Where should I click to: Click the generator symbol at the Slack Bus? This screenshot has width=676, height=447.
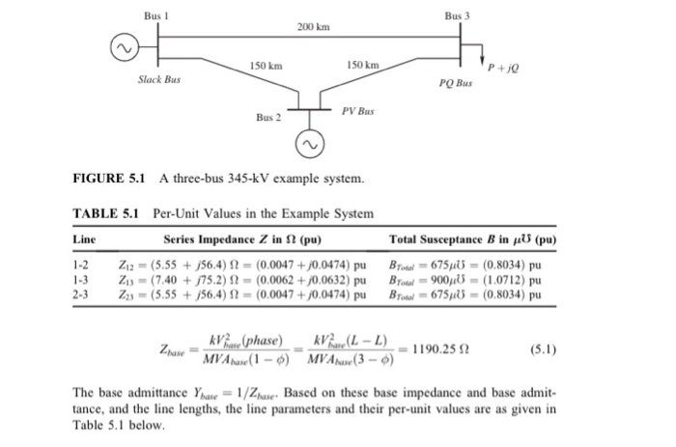click(122, 48)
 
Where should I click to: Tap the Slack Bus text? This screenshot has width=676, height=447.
click(158, 77)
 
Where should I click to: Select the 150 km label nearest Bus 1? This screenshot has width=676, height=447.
click(266, 65)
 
